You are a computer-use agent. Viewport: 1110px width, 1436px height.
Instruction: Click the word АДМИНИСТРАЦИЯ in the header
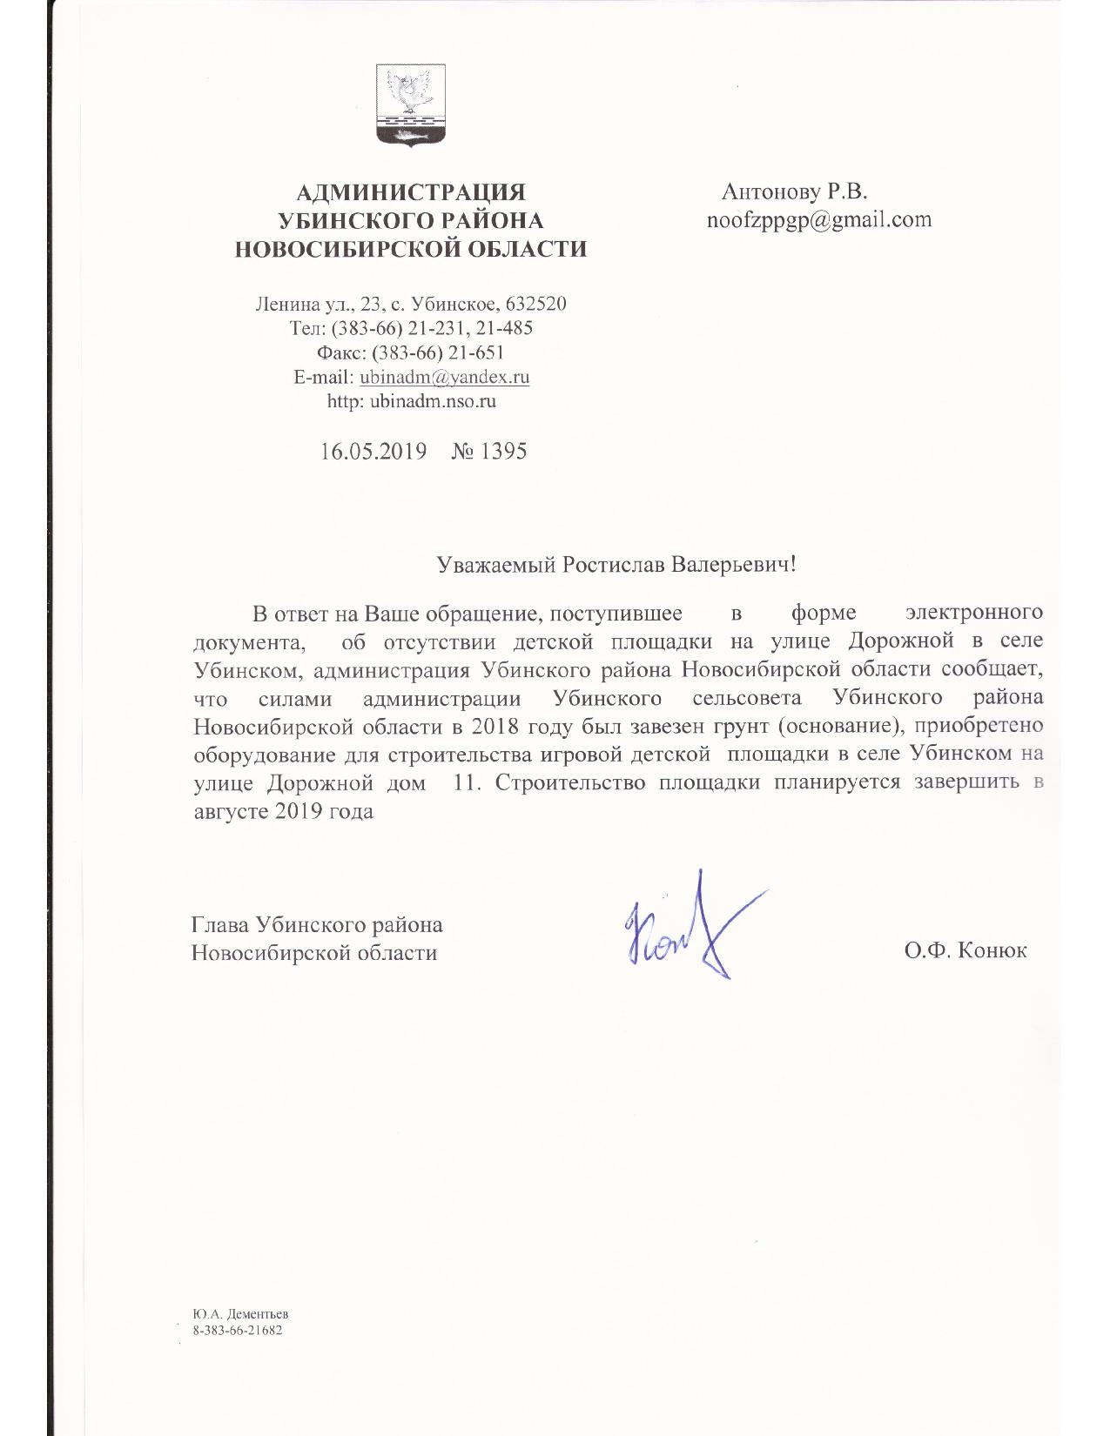(x=411, y=192)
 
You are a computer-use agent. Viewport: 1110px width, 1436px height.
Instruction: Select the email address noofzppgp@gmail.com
(x=818, y=219)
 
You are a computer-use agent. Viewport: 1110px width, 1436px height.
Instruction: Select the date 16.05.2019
(x=373, y=452)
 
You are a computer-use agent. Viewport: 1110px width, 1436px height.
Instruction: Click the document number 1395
(x=504, y=452)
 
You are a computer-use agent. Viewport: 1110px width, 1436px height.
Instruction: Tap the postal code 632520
(x=535, y=305)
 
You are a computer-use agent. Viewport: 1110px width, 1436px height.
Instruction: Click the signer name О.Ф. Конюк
(x=965, y=951)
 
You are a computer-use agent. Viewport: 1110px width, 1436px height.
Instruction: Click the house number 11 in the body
(x=468, y=782)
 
